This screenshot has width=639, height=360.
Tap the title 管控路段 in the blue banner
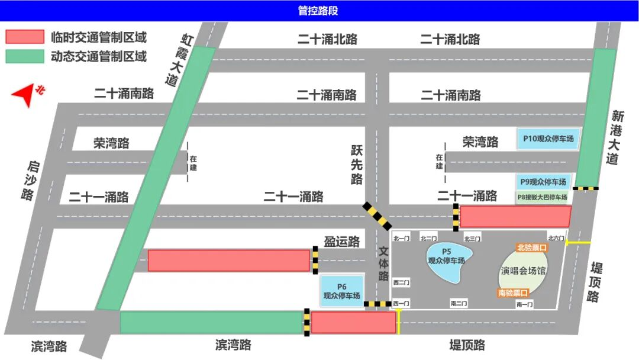tap(319, 11)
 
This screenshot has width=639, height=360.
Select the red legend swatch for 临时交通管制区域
tap(25, 37)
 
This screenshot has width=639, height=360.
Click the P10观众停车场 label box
tap(548, 139)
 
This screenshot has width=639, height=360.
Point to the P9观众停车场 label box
tap(543, 182)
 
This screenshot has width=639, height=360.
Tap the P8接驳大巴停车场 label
tap(543, 197)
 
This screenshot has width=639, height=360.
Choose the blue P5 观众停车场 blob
tap(450, 261)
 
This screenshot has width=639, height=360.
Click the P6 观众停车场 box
tap(341, 291)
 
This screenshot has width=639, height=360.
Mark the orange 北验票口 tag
tap(532, 247)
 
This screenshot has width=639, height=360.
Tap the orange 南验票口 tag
tap(512, 292)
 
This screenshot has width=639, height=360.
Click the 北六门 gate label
tap(557, 239)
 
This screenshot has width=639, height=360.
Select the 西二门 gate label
tap(401, 282)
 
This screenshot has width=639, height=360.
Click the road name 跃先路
tap(356, 166)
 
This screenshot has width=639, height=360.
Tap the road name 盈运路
tap(341, 242)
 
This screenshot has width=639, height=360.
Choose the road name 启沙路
tap(27, 181)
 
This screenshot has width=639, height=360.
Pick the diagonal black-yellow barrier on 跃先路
tap(376, 216)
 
